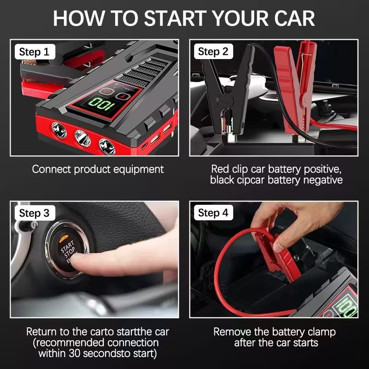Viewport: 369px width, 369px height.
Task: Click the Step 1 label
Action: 35,52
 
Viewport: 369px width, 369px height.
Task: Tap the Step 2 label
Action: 214,51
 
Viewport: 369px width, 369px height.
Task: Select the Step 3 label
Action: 35,213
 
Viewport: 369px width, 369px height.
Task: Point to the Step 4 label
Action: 214,213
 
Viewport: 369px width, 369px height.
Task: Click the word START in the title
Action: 175,18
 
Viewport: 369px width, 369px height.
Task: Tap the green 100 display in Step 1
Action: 102,103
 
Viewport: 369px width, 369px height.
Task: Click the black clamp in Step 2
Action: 227,92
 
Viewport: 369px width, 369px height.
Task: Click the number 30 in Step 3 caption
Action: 75,353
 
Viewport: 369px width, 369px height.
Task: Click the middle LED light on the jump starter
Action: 83,138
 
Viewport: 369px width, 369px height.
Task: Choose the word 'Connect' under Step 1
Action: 51,169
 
